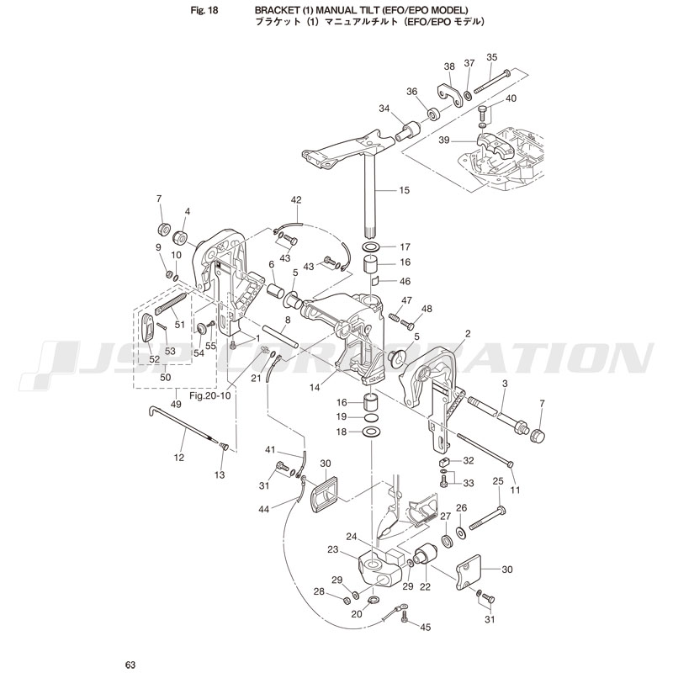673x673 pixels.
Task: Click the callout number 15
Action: [x=405, y=191]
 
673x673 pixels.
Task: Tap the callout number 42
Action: [x=296, y=199]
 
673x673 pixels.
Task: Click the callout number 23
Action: [x=332, y=549]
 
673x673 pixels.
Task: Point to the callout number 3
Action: [x=504, y=383]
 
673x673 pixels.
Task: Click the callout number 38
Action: [x=449, y=66]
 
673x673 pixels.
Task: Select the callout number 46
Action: [x=405, y=282]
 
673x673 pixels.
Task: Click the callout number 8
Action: [x=288, y=320]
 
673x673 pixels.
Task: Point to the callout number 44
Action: [x=265, y=510]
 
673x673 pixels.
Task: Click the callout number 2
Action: [x=468, y=334]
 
